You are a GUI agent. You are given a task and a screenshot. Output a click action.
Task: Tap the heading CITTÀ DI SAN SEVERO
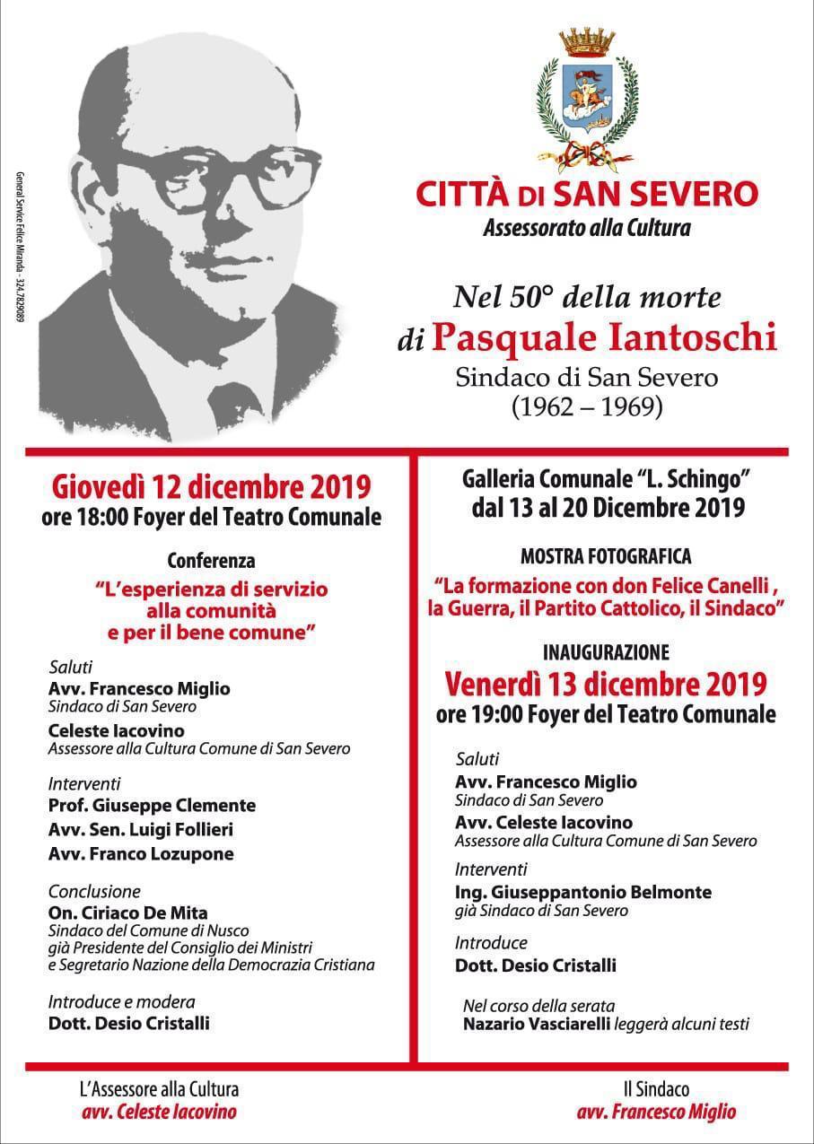(x=587, y=192)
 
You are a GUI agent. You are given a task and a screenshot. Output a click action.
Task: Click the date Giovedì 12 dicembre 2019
(x=212, y=487)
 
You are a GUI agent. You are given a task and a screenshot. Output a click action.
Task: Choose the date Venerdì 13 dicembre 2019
(x=606, y=684)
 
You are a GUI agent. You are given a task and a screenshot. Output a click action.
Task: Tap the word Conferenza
(x=212, y=561)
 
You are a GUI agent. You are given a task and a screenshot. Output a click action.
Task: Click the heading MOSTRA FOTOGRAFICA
(x=606, y=557)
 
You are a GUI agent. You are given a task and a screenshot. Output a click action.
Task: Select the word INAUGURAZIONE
(x=606, y=652)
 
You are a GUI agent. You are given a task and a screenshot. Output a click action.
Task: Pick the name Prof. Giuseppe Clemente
(x=152, y=805)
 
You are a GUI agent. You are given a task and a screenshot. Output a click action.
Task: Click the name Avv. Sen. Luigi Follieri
(x=141, y=829)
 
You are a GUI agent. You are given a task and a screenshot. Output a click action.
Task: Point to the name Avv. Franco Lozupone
(x=141, y=853)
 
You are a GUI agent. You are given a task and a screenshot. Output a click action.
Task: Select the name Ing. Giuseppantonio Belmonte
(x=583, y=892)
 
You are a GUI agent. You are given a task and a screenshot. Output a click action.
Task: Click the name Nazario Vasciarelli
(x=537, y=1024)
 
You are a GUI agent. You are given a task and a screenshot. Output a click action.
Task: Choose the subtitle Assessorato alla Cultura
(x=587, y=228)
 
